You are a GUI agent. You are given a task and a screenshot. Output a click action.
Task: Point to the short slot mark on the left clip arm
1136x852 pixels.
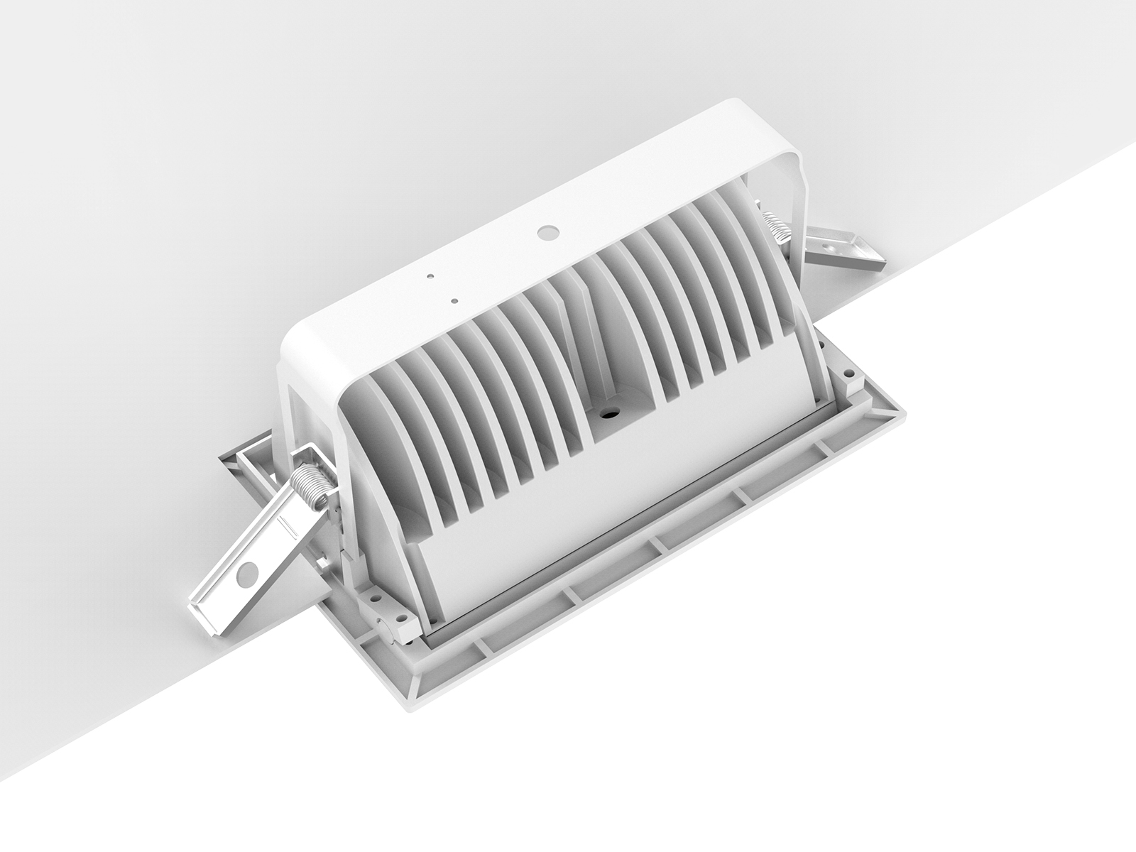coord(286,523)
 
